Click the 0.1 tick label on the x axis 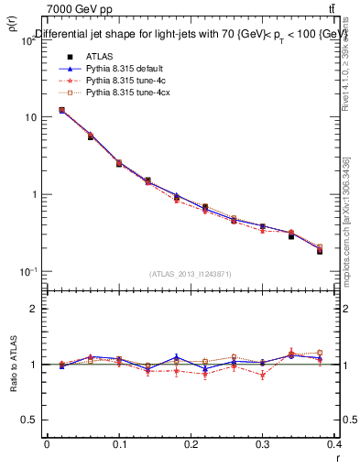click(x=119, y=444)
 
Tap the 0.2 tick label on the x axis click(x=191, y=444)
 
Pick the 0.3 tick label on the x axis click(x=264, y=444)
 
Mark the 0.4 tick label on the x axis click(x=335, y=444)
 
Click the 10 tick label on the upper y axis click(x=31, y=117)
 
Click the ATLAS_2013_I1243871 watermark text click(x=191, y=274)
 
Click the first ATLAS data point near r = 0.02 click(x=61, y=110)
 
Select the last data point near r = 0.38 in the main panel click(x=320, y=250)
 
